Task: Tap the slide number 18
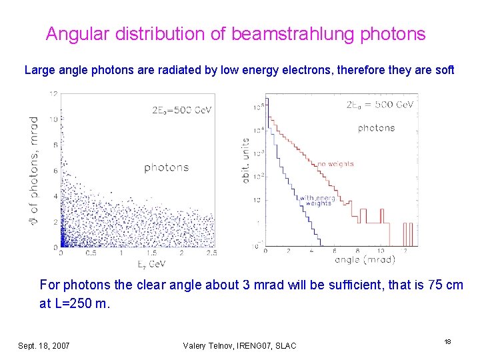448,341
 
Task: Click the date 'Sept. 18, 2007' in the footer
44,345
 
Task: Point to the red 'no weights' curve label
335,163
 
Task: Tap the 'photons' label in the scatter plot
166,167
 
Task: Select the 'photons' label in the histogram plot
376,128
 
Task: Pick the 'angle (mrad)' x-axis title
365,259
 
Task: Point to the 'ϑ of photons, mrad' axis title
34,169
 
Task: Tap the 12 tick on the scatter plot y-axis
53,94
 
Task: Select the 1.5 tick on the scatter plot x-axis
152,253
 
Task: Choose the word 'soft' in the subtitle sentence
443,69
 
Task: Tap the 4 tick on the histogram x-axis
311,251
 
